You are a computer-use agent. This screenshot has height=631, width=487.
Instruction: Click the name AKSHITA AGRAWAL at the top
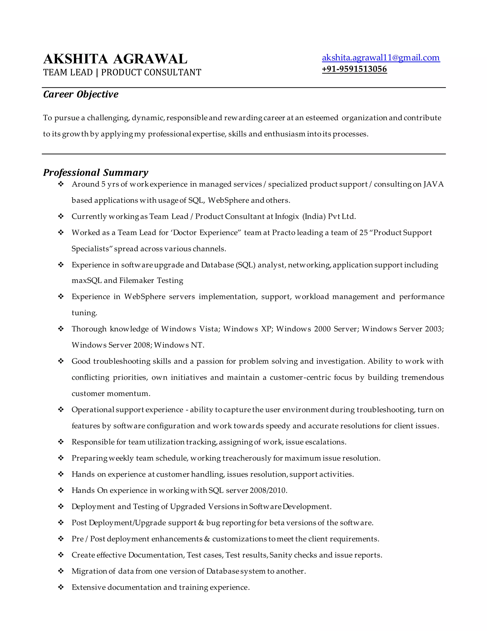click(115, 59)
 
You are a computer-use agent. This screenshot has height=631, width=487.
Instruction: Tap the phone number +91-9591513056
click(354, 69)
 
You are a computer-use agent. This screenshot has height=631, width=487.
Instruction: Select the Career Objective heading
click(81, 95)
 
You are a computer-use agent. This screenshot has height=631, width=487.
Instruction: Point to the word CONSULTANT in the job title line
click(172, 73)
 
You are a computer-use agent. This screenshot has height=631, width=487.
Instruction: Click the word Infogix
click(287, 216)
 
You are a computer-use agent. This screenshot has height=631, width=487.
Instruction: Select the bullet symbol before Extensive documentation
click(61, 587)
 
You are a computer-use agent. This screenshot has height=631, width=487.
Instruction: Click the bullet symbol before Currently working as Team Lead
click(61, 216)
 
